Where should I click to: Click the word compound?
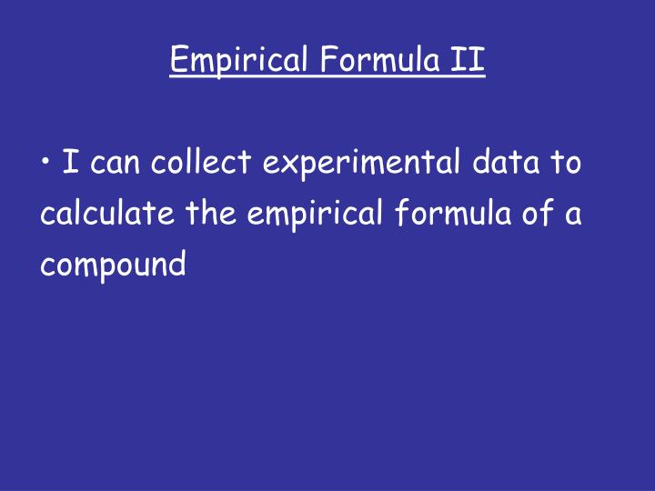tap(113, 266)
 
